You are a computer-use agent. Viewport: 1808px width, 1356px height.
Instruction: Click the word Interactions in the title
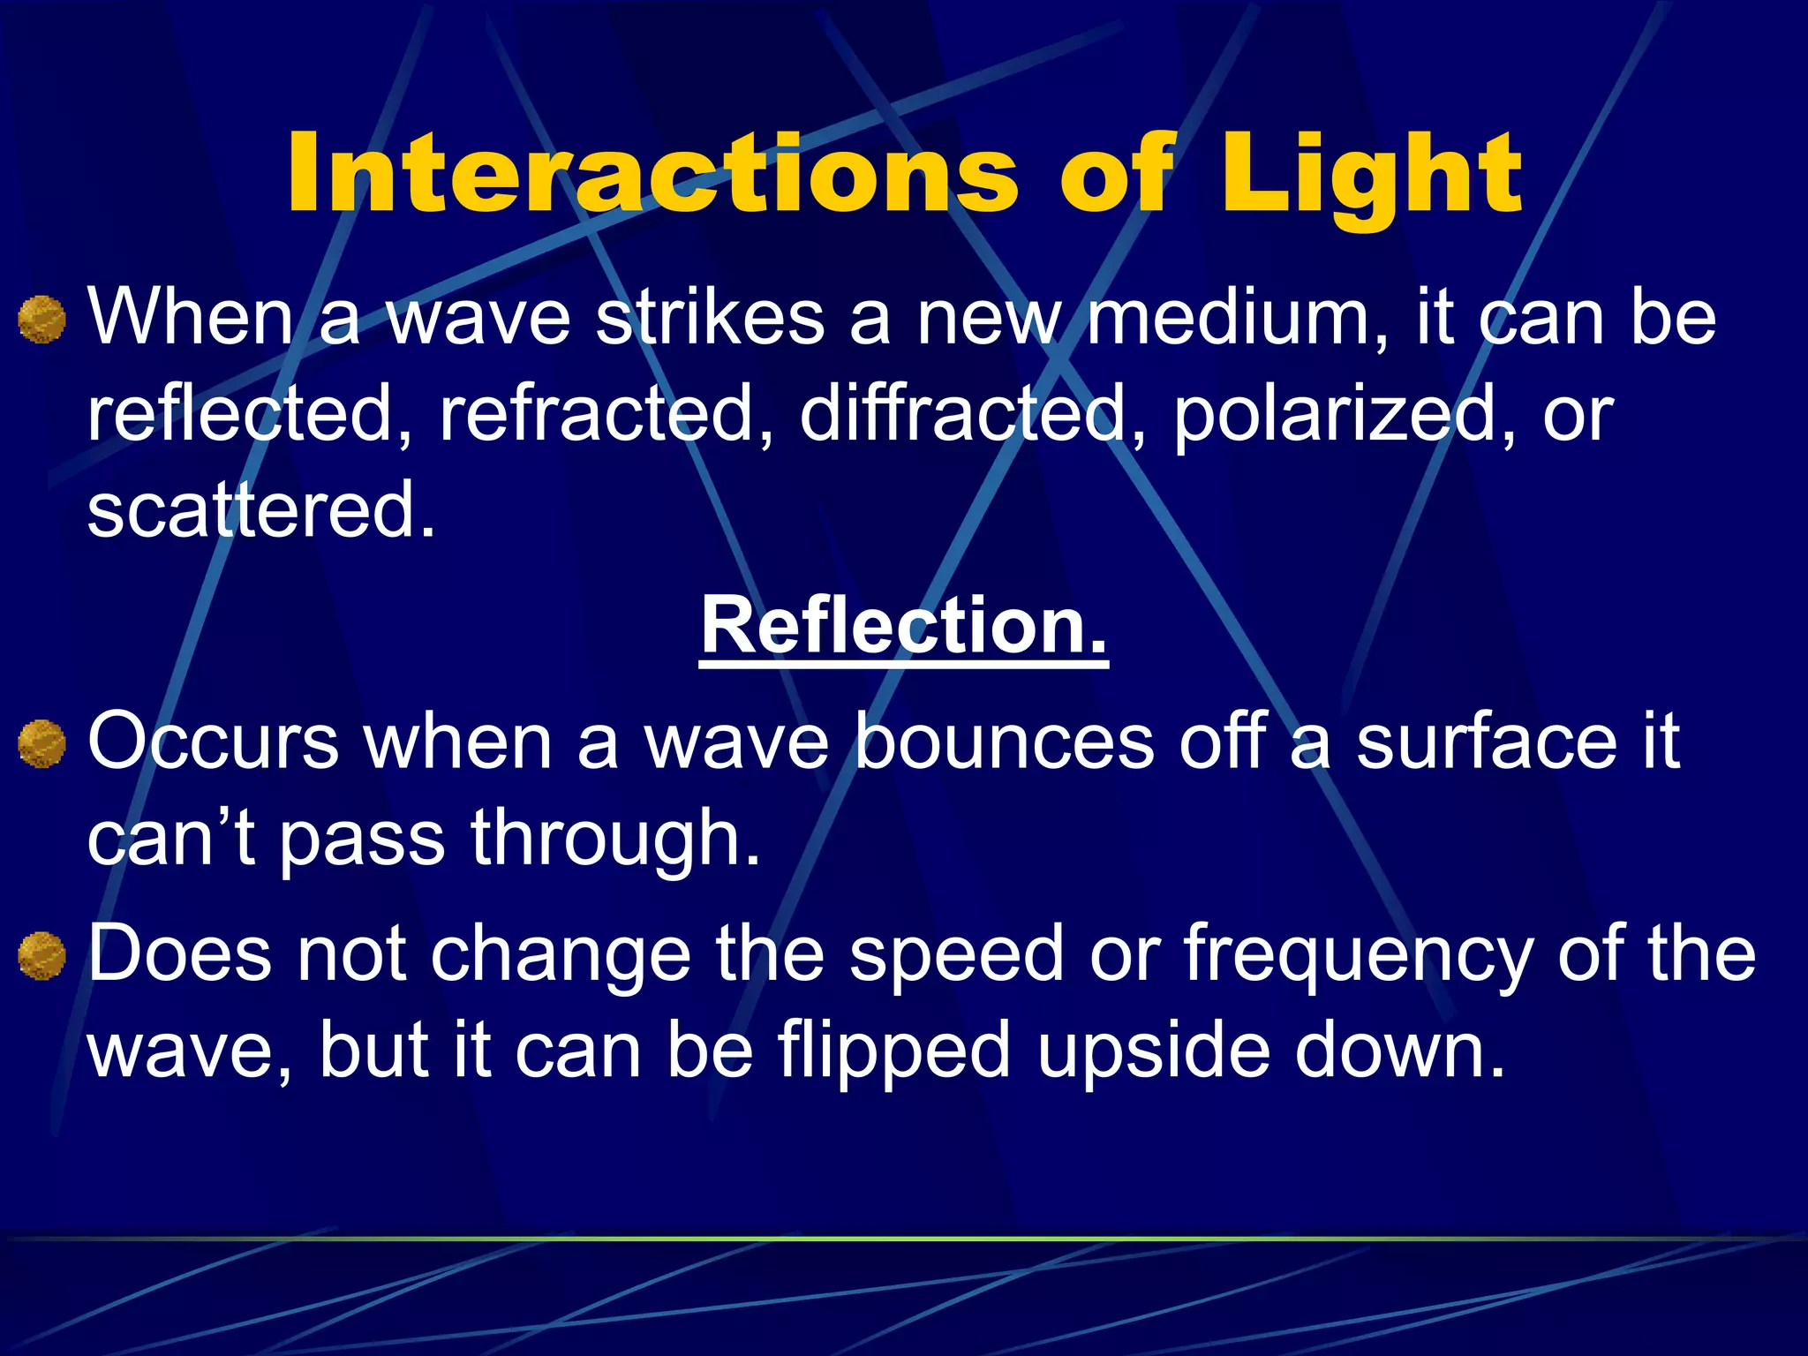click(x=653, y=173)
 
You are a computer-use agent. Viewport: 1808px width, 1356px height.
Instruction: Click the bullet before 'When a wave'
click(x=41, y=320)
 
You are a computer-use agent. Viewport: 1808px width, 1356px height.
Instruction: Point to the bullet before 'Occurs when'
click(x=41, y=743)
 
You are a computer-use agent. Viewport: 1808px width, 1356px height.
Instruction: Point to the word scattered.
click(x=260, y=509)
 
